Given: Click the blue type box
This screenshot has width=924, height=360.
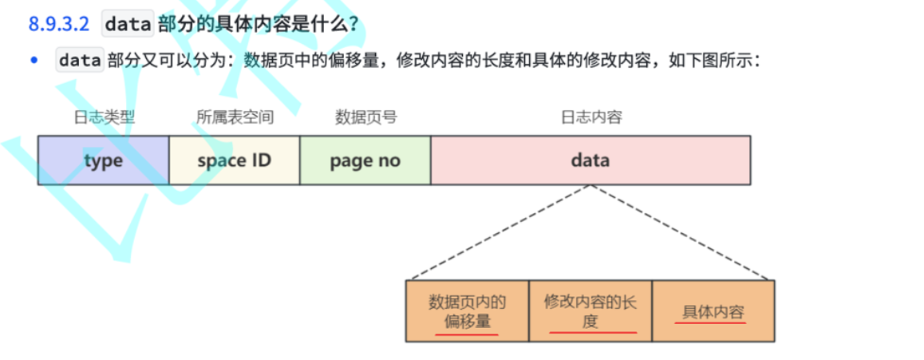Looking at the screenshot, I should click(104, 160).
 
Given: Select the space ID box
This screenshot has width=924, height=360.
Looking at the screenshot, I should click(235, 160).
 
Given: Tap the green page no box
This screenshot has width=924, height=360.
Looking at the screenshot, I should click(365, 160).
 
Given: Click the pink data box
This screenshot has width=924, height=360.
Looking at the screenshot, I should click(590, 160).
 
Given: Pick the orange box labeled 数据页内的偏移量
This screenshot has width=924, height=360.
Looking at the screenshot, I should click(468, 311).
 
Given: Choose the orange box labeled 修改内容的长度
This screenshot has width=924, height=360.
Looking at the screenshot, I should click(590, 311).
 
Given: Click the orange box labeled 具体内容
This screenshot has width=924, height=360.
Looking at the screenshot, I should click(713, 311).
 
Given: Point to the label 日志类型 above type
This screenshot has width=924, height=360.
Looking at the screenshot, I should click(104, 117).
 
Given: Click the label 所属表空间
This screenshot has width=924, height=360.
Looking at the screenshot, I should click(235, 117).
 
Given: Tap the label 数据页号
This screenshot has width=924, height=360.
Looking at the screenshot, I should click(365, 117).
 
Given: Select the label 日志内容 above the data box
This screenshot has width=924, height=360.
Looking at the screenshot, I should click(590, 117).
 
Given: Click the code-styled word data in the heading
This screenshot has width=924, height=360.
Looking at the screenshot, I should click(128, 24).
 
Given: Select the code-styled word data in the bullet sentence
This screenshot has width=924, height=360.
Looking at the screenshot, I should click(80, 61).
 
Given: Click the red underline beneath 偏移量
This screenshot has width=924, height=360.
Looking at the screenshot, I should click(468, 335).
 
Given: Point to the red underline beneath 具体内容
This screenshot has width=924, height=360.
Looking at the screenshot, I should click(710, 322).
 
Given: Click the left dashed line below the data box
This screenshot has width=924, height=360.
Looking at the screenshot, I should click(499, 232).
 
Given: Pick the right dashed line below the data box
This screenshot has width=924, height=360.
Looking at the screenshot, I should click(681, 232).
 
